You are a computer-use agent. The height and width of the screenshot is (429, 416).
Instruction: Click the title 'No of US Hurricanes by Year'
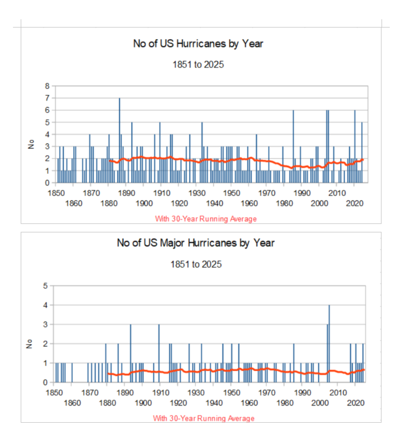click(x=198, y=44)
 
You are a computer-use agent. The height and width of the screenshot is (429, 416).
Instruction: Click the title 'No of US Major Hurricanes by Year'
click(x=196, y=243)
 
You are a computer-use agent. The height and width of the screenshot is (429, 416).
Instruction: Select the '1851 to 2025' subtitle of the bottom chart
click(x=196, y=264)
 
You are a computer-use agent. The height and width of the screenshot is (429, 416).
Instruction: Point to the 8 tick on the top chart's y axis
click(x=47, y=86)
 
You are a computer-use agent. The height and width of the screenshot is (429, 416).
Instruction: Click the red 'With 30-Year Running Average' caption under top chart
click(x=206, y=219)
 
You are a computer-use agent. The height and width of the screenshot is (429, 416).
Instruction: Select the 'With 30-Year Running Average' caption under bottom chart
click(x=204, y=418)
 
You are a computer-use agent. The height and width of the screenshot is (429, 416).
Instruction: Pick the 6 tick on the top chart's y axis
click(x=47, y=110)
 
